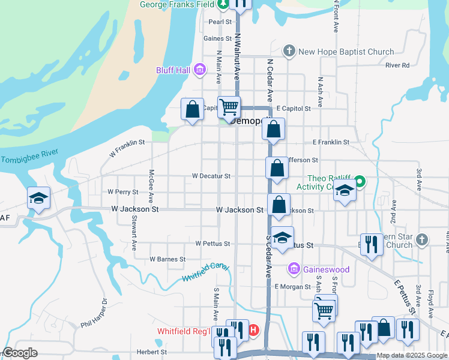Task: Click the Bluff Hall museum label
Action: [x=173, y=71]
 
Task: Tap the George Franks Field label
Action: [x=177, y=4]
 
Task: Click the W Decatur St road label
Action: [x=211, y=176]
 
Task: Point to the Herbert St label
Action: [x=151, y=352]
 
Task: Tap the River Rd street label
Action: [x=398, y=65]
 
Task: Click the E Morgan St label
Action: [x=292, y=287]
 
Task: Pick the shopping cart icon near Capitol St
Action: [x=229, y=107]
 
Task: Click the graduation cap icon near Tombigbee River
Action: [x=38, y=198]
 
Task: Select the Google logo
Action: [x=20, y=353]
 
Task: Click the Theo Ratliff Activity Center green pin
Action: [x=360, y=180]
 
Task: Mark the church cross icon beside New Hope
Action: [x=289, y=51]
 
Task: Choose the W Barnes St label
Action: [x=167, y=259]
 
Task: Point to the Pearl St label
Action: [x=220, y=22]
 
